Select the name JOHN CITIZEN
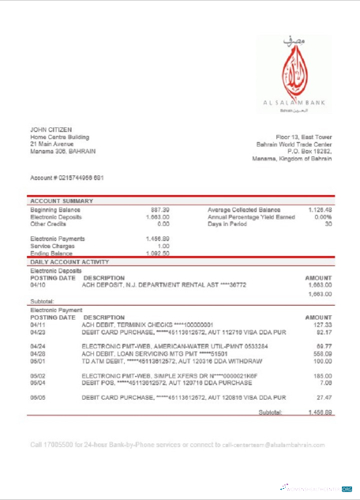point(50,130)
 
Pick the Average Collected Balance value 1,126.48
point(317,209)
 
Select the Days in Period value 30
point(328,224)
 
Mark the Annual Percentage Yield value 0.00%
point(322,216)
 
